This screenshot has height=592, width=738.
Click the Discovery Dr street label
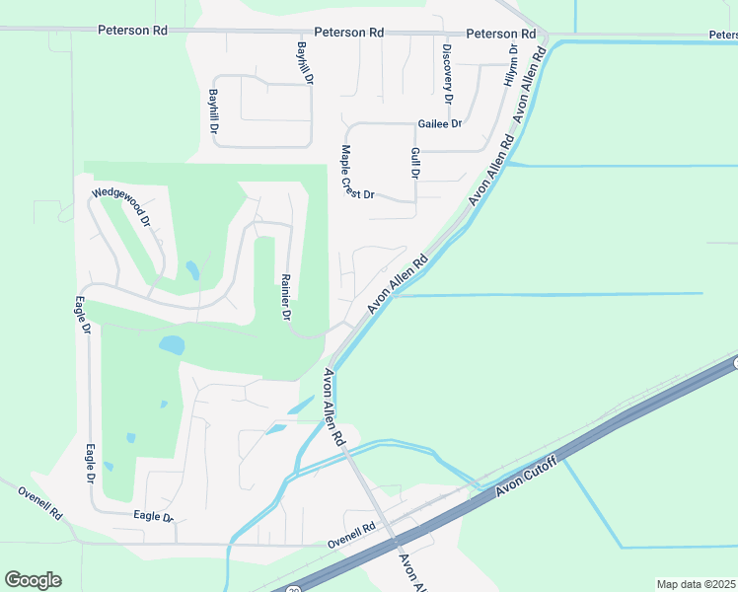click(x=447, y=74)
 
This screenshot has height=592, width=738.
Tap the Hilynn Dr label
click(x=512, y=64)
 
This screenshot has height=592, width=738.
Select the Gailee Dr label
click(x=440, y=124)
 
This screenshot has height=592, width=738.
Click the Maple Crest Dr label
click(x=355, y=174)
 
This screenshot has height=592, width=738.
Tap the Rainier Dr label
click(x=285, y=297)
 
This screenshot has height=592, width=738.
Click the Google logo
click(x=33, y=580)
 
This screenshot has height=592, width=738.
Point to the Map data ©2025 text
click(x=697, y=584)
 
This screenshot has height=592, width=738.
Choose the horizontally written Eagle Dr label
click(x=153, y=517)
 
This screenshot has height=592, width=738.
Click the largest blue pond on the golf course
click(x=172, y=345)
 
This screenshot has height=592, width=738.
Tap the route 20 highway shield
click(x=295, y=589)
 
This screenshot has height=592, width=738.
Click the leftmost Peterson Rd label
click(x=132, y=31)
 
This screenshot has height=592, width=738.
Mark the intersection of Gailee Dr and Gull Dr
click(x=414, y=124)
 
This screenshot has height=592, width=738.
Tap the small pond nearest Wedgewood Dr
click(x=191, y=269)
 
